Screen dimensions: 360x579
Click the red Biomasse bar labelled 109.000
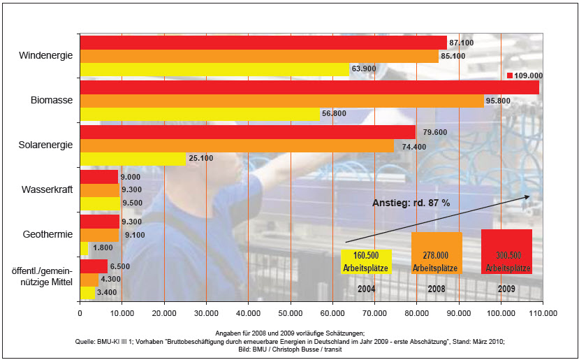(309, 87)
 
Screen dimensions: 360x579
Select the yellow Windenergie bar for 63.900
(214, 69)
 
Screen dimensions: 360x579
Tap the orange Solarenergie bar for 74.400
(237, 145)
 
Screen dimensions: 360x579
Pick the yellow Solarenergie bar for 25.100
(133, 159)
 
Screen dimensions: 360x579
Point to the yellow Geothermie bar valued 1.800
(84, 248)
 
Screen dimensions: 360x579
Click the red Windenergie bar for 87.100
(263, 43)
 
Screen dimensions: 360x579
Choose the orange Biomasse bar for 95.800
(281, 101)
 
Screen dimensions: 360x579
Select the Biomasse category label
(52, 101)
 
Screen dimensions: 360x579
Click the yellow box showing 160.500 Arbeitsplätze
(366, 261)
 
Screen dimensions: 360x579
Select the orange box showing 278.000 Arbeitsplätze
(437, 252)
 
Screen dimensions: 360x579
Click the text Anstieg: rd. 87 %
(410, 203)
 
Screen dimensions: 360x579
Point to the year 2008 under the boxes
(437, 288)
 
